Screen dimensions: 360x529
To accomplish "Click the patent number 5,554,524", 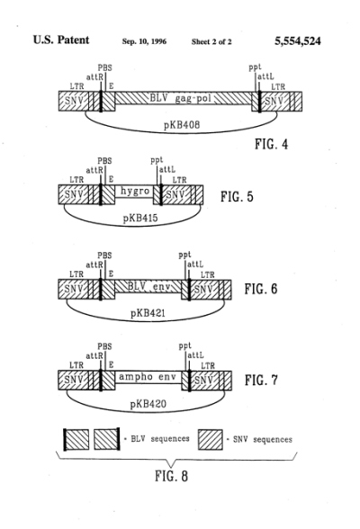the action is click(297, 41).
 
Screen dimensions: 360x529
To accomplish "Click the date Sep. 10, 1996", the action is click(144, 41).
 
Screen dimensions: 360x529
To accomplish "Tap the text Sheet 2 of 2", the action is click(211, 41).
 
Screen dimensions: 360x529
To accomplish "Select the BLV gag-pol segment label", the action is click(180, 99).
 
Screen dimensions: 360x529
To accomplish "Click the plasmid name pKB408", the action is click(182, 125).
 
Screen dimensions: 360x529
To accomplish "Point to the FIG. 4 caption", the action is click(271, 144).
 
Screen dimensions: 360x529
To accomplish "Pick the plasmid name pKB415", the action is click(140, 218).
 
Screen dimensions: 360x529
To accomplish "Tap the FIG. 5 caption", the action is click(237, 196).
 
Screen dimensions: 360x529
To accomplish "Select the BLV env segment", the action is click(148, 287).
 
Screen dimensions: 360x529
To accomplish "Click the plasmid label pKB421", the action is click(148, 313).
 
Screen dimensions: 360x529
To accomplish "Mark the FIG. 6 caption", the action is click(261, 289).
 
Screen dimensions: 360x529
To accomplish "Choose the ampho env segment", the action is click(148, 377).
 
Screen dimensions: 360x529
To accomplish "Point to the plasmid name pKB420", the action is click(148, 403).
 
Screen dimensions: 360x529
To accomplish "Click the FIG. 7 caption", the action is click(261, 380).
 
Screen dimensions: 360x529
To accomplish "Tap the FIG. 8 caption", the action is click(171, 476).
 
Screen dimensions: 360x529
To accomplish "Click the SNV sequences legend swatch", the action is click(211, 440).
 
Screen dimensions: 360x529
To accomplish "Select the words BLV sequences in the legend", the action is click(160, 439).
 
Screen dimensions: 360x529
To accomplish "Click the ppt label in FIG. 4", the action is click(255, 67).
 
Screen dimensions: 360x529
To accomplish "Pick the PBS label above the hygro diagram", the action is click(104, 161).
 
